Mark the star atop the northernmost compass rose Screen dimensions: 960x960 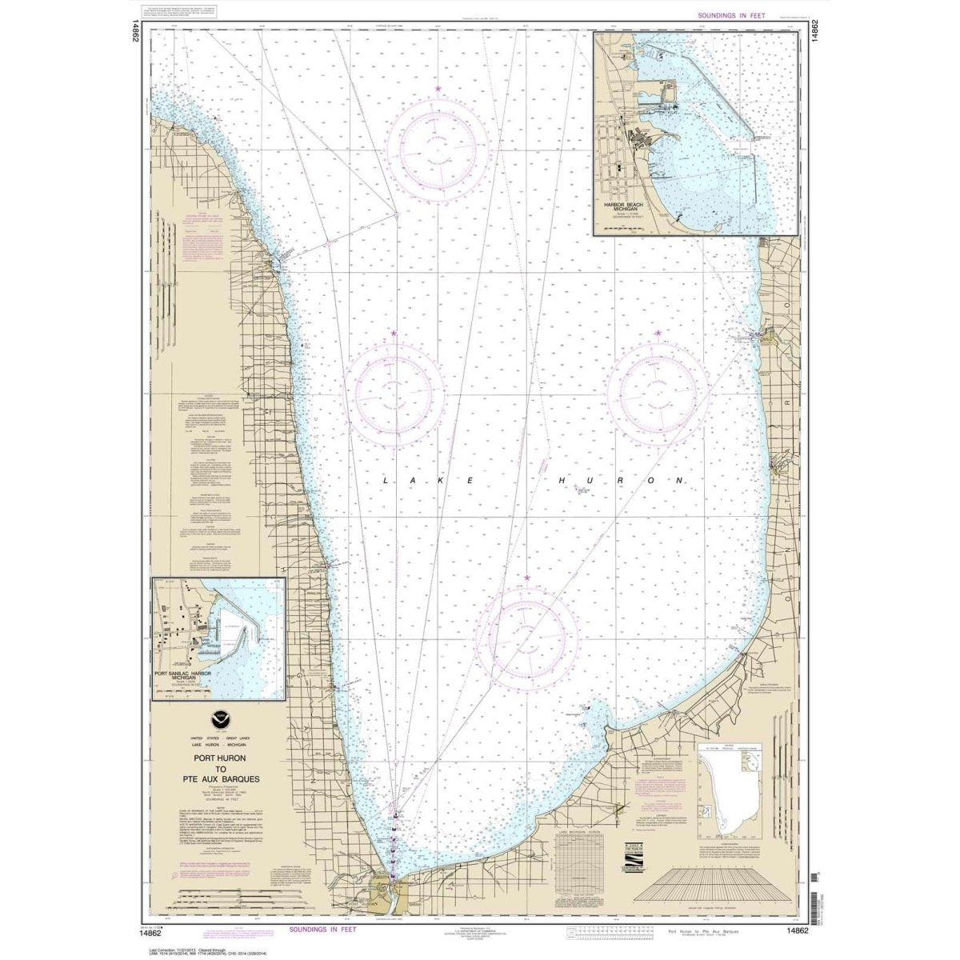point(437,88)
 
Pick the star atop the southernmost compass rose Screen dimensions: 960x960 point(526,577)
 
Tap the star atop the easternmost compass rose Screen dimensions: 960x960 point(658,333)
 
